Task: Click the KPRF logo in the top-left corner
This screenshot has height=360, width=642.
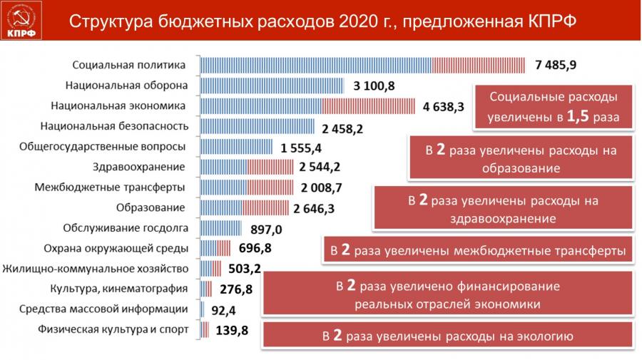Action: click(22, 21)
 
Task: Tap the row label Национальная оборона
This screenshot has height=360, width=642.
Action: click(126, 86)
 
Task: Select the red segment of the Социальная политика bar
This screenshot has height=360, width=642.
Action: click(479, 65)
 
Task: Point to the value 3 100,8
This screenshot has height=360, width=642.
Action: click(374, 86)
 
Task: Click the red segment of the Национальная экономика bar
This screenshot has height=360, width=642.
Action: click(368, 106)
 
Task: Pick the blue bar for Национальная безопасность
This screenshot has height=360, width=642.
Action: click(258, 127)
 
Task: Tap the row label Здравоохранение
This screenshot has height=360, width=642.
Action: click(139, 168)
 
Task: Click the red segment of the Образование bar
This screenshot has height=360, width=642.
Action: click(267, 208)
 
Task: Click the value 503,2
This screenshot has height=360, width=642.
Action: click(245, 269)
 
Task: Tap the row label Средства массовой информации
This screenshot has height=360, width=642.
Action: click(104, 309)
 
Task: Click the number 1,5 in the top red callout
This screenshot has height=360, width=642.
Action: click(578, 115)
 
